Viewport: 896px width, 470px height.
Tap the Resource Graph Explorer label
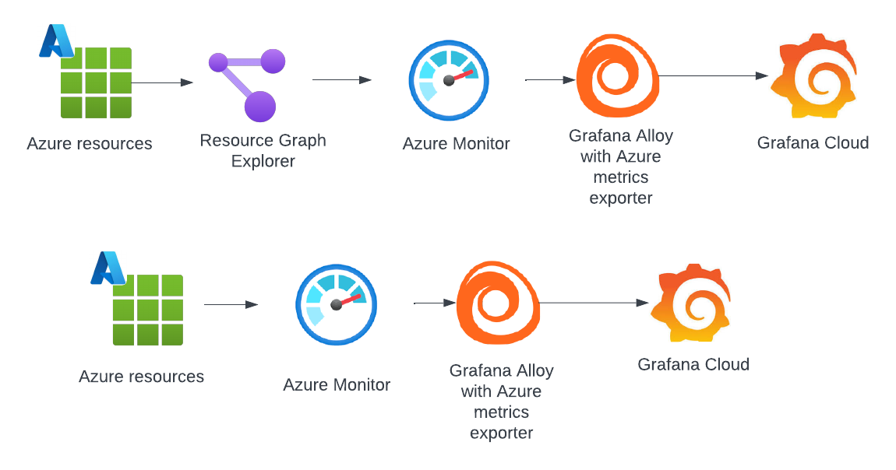tap(263, 151)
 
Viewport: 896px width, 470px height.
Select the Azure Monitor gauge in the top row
tap(449, 80)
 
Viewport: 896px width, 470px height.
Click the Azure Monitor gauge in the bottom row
tap(336, 304)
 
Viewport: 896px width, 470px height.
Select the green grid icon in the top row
tap(96, 82)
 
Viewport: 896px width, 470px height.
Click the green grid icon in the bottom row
tap(147, 310)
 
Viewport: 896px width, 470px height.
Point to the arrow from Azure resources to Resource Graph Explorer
tap(162, 82)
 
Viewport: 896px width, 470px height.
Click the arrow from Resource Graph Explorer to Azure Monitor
tap(342, 79)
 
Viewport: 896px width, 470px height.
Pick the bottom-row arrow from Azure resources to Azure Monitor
tap(231, 304)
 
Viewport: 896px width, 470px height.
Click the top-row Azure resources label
tap(90, 144)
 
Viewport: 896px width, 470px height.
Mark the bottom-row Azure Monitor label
tap(337, 384)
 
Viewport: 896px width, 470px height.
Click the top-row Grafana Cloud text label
tap(813, 142)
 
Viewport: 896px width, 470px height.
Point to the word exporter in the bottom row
tap(501, 433)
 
